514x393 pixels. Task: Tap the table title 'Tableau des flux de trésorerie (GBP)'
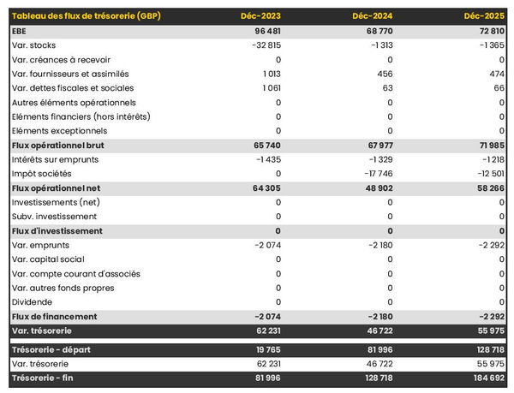point(86,16)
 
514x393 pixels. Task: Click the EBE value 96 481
point(262,31)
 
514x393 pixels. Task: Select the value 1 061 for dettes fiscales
point(268,88)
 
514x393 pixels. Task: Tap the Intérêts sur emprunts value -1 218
point(489,159)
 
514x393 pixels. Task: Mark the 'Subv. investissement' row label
point(55,217)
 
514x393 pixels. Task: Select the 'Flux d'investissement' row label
point(57,231)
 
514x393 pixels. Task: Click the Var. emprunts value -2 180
point(375,245)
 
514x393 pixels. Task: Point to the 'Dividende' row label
point(33,302)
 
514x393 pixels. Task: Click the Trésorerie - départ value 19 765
point(262,350)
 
